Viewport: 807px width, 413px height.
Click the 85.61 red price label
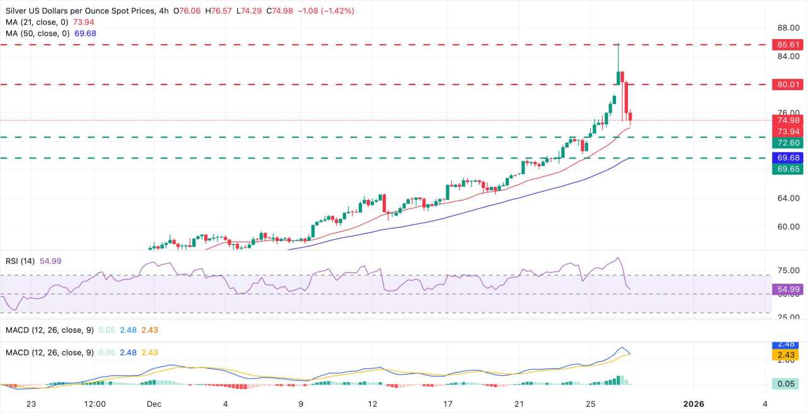tap(789, 45)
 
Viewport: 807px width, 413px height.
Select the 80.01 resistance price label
tap(789, 84)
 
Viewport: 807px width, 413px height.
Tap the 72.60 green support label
tap(789, 143)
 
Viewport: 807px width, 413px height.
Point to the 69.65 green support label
tap(789, 169)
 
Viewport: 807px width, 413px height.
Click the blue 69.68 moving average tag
tap(789, 157)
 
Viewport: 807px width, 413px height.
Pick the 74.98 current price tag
tap(789, 120)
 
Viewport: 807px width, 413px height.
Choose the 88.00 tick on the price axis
tap(788, 28)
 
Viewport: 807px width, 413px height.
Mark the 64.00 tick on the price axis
tap(788, 198)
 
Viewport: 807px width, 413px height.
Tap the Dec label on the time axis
tap(154, 404)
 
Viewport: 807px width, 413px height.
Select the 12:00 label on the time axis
tap(93, 404)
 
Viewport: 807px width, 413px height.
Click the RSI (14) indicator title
tap(20, 261)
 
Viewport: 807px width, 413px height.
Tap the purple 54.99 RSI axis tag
tap(789, 290)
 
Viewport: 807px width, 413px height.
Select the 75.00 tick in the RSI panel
tap(788, 270)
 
